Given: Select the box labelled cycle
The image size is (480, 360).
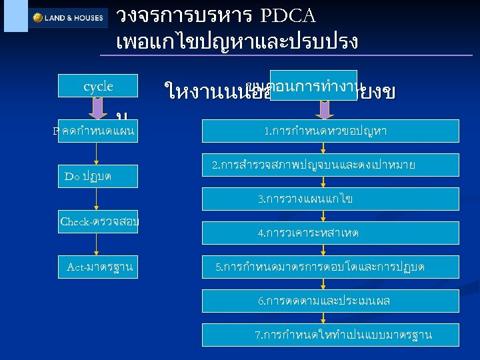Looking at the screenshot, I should click(x=98, y=86).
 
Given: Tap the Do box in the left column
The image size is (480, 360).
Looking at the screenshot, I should click(x=97, y=176).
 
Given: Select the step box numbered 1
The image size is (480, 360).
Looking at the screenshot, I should click(x=325, y=131).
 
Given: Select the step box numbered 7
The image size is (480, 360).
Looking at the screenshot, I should click(x=343, y=335).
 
